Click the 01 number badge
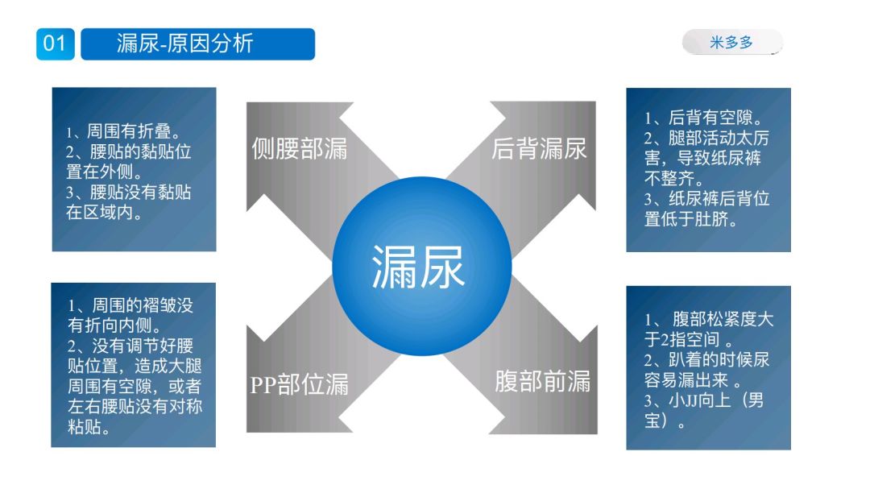(55, 44)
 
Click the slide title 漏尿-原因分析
(184, 44)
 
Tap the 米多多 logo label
(731, 43)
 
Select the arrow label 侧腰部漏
(300, 148)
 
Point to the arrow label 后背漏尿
(539, 148)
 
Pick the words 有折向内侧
(114, 325)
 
